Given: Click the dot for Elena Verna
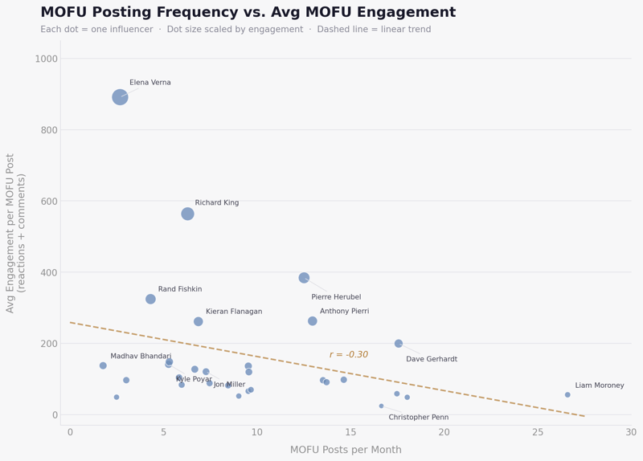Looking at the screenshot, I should click(120, 97).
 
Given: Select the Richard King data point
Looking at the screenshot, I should click(187, 214).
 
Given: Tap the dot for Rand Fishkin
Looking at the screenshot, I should click(150, 299).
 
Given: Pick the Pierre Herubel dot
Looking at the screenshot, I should click(304, 278).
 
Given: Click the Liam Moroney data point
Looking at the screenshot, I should click(567, 394).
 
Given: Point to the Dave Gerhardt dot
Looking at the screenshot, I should click(399, 344).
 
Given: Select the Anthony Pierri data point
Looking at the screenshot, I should click(313, 321).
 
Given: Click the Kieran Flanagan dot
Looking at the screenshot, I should click(199, 321).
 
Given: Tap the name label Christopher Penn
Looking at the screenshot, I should click(418, 418).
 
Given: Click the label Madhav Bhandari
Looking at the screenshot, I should click(141, 357).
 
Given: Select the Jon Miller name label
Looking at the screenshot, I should click(229, 385).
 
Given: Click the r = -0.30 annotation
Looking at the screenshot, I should click(348, 355).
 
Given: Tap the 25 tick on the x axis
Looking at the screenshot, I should click(538, 433).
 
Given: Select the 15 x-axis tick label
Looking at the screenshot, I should click(350, 433).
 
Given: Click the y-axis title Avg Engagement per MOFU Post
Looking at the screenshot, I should click(16, 233).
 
